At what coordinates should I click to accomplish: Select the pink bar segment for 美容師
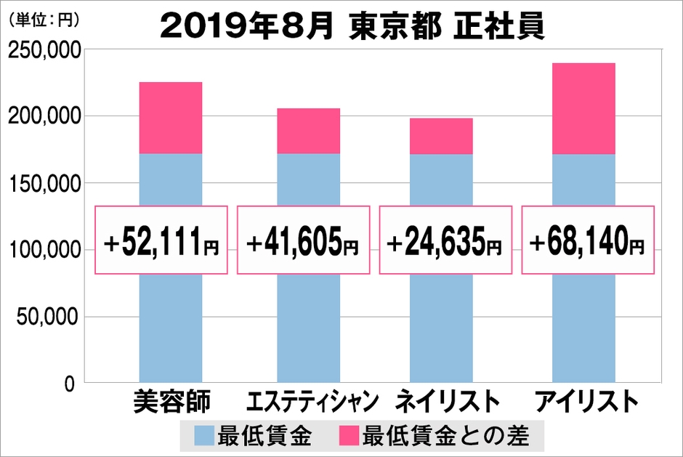170,118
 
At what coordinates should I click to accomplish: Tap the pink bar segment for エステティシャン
308,131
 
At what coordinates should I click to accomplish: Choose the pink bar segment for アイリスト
583,108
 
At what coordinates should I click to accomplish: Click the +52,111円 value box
162,240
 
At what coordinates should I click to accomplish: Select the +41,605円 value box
304,240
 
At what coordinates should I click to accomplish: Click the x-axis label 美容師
171,402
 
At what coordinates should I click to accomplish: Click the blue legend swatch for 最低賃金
204,436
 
